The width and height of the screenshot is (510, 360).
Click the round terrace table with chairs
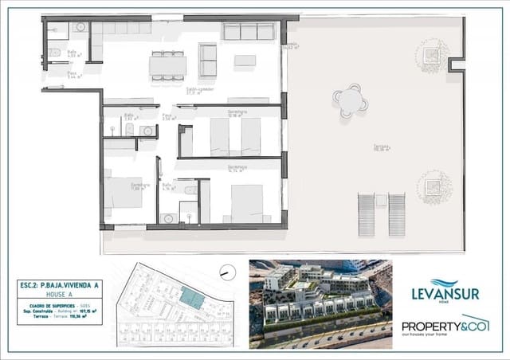pos(351,101)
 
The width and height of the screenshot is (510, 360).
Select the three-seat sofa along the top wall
pos(249,31)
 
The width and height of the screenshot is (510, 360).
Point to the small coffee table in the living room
pos(245,61)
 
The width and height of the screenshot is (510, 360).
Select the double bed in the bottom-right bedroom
pos(246,202)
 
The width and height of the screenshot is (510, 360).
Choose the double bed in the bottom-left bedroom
pos(123,194)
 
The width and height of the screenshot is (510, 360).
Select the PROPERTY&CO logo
pos(444,327)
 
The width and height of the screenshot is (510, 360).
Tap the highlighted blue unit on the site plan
pos(191,298)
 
